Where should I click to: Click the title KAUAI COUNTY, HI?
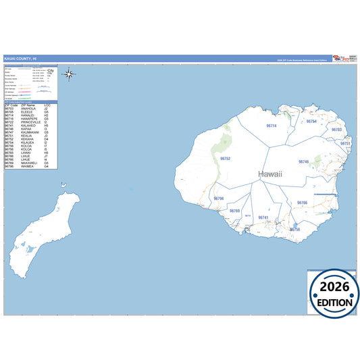20,58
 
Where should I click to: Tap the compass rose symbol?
71,75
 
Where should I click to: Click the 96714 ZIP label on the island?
272,126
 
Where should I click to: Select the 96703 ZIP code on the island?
336,129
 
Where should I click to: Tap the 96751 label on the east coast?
345,144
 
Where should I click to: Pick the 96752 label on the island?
226,158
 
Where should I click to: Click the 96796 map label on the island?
218,199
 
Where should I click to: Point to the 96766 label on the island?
302,203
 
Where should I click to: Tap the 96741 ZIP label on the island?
263,217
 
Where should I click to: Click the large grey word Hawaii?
270,174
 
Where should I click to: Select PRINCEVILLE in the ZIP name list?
32,122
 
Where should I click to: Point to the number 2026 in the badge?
334,285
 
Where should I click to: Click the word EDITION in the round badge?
334,303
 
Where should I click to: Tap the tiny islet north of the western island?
63,182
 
